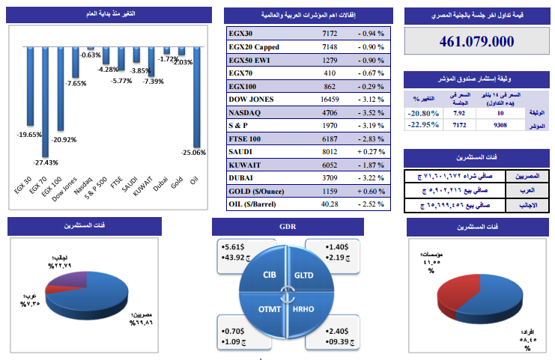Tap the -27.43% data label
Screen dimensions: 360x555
click(x=46, y=162)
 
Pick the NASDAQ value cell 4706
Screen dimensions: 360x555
click(x=330, y=112)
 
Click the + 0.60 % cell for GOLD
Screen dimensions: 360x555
click(x=371, y=192)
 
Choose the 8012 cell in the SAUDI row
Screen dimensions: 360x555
click(x=330, y=151)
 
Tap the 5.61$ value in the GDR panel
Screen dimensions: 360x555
click(x=233, y=245)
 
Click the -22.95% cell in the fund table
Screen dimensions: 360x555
click(x=424, y=126)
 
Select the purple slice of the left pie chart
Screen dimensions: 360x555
click(x=65, y=280)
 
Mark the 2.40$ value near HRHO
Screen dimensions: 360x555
click(x=338, y=330)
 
